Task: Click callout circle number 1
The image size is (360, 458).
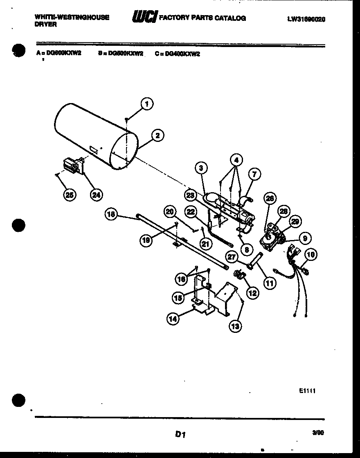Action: pos(147,104)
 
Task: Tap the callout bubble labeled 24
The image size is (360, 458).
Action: pos(96,195)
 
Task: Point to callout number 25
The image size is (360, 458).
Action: pos(70,195)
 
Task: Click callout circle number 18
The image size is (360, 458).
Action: pos(111,213)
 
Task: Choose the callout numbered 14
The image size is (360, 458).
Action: pos(173,319)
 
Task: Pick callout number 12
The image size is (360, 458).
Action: pos(252,293)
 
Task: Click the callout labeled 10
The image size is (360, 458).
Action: pos(310,255)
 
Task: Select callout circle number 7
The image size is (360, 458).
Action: pos(254,174)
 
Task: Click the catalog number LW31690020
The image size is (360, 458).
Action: pos(306,19)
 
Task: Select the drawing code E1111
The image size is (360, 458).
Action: pos(307,391)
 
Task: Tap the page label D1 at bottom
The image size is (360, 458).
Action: pos(180,435)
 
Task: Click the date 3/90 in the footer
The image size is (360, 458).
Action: pos(317,433)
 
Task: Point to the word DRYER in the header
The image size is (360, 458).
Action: pos(46,25)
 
